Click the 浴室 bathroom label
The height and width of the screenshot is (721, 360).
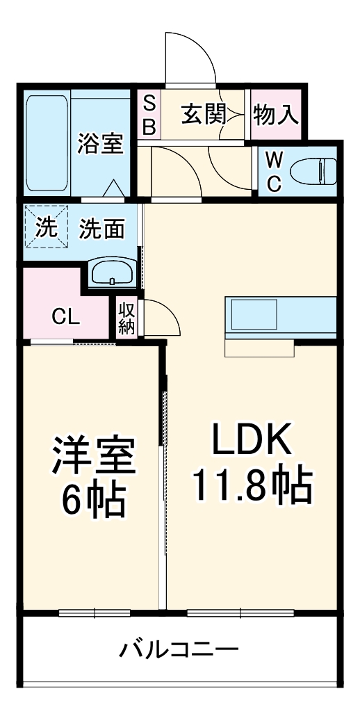(101, 145)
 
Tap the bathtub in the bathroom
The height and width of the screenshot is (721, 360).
(47, 145)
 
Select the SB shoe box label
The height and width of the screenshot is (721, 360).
(149, 115)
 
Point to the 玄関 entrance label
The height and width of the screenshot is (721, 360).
(204, 114)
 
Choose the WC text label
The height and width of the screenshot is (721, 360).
(275, 172)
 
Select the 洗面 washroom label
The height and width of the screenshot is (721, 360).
(101, 229)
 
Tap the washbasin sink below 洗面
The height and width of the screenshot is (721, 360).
(112, 273)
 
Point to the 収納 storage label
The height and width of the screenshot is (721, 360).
(126, 318)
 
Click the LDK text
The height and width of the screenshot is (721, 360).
(251, 441)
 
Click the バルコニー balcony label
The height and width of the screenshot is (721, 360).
(179, 651)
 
